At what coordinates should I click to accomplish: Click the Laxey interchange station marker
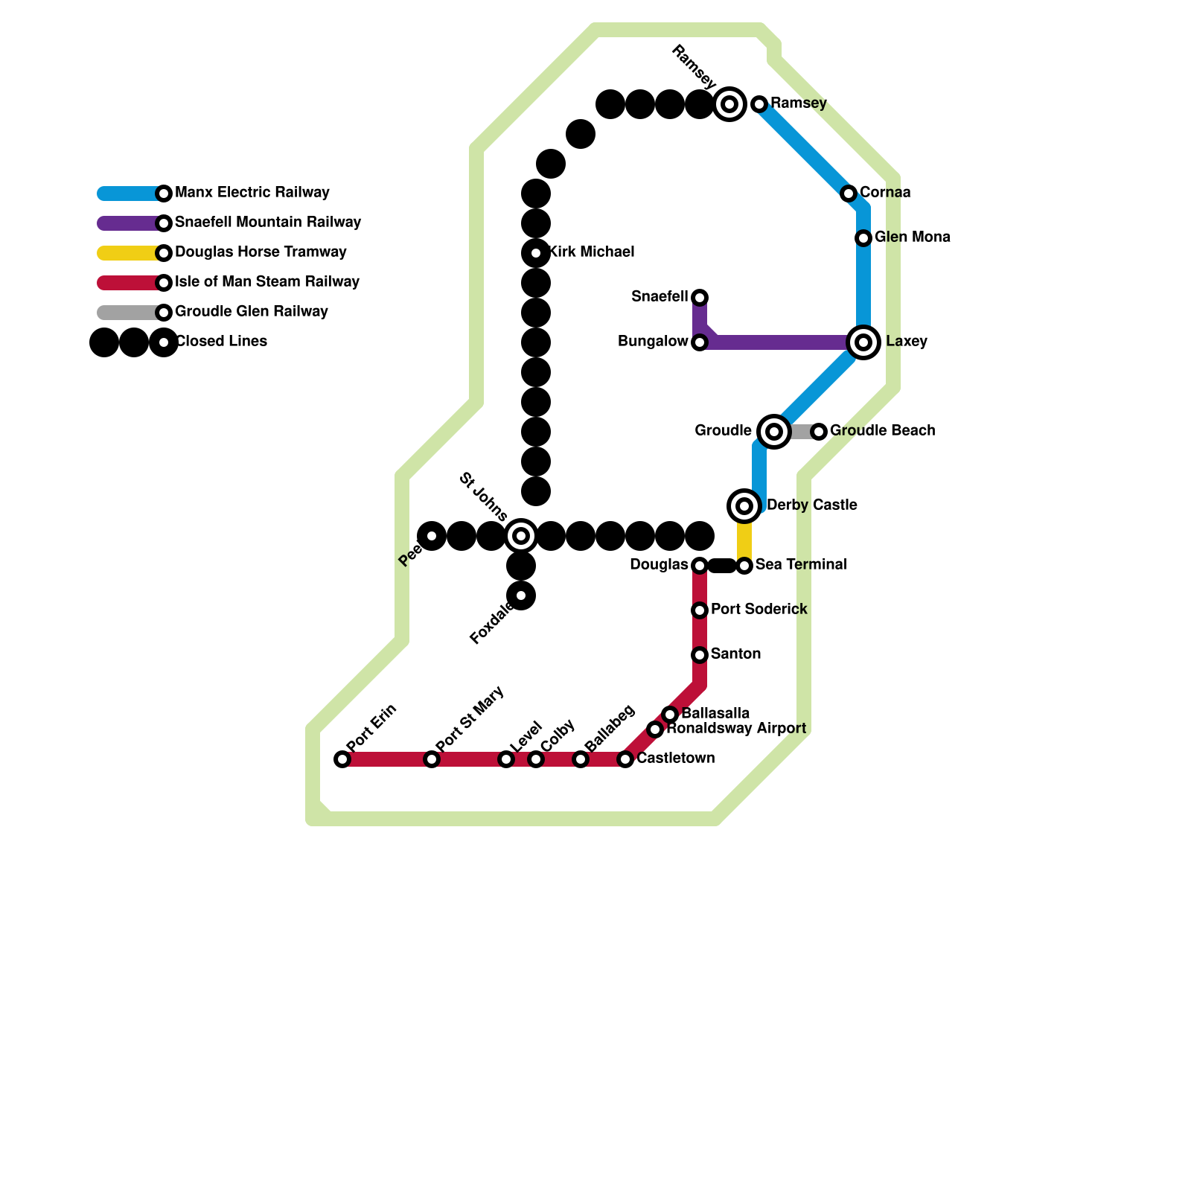tap(863, 342)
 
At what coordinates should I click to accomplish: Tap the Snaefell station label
tap(660, 297)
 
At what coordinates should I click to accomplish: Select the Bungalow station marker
tap(700, 342)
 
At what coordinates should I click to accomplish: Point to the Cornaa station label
tap(885, 193)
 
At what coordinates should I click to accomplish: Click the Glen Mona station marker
tap(863, 238)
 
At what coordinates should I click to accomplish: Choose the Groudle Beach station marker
tap(819, 432)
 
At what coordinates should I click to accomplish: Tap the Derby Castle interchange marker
tap(744, 506)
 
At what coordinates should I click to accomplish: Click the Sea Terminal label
tap(801, 565)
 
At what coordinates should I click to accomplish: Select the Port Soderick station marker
tap(700, 610)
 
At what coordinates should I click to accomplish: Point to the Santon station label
tap(735, 654)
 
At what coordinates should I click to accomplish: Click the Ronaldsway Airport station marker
tap(655, 729)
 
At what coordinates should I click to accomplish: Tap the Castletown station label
tap(675, 759)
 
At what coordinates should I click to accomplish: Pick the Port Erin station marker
tap(342, 759)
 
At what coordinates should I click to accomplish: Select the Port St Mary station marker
tap(432, 759)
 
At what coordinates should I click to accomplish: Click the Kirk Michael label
tap(592, 252)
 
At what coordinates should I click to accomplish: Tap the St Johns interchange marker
tap(521, 536)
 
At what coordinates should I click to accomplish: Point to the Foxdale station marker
tap(521, 595)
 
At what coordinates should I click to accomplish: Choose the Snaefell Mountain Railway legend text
tap(268, 223)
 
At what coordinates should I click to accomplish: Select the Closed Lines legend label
tap(221, 342)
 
